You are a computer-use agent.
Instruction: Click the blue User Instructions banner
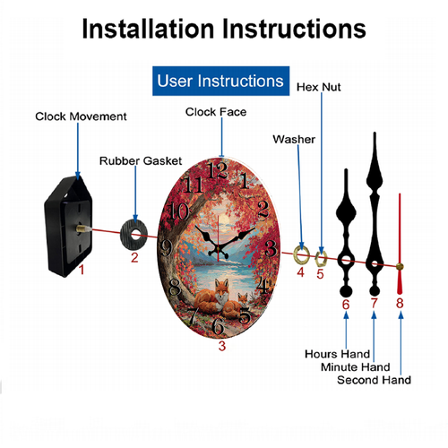click(220, 81)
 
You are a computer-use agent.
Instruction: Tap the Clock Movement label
click(81, 116)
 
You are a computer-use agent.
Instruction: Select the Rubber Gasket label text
click(141, 161)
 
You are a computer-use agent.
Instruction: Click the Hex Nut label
click(319, 87)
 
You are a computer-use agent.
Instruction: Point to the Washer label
click(294, 140)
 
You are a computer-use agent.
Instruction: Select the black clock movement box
click(68, 227)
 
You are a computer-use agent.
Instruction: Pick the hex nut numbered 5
click(321, 259)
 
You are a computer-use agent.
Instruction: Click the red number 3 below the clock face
click(222, 346)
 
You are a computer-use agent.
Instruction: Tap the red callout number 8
click(400, 303)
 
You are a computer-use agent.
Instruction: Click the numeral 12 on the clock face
click(219, 170)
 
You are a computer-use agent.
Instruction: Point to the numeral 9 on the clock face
click(166, 248)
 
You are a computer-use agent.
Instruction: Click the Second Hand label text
click(374, 380)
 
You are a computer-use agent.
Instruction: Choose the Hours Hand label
click(337, 354)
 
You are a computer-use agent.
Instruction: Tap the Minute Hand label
click(356, 367)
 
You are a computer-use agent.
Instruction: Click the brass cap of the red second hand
click(400, 267)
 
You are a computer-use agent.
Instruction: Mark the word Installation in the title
click(148, 29)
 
